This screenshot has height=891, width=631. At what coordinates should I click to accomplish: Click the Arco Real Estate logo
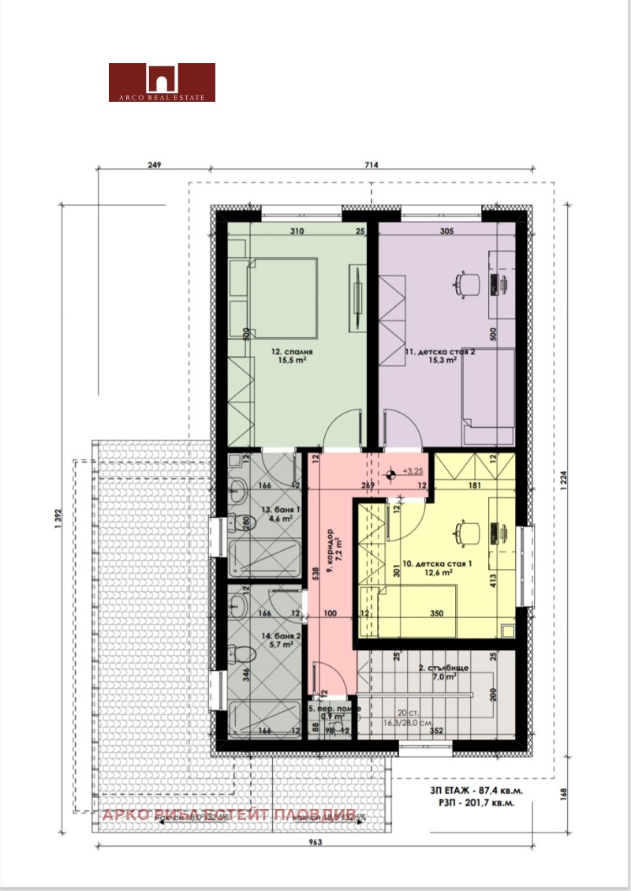click(162, 82)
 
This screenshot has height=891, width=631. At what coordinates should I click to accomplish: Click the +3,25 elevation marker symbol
click(393, 475)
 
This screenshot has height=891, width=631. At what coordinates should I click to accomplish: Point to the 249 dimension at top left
click(154, 165)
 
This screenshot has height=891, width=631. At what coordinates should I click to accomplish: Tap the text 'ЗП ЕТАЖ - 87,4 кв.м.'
click(476, 789)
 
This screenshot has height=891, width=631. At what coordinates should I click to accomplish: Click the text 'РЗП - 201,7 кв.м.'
click(478, 803)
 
